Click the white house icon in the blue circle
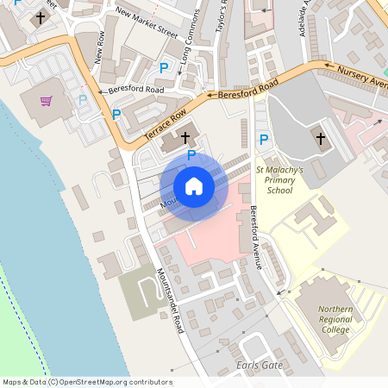(194, 185)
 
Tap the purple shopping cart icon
(46, 101)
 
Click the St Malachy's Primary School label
(280, 180)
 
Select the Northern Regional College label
(335, 320)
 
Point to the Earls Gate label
(259, 366)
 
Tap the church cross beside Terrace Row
(185, 137)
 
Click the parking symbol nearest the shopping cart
(83, 100)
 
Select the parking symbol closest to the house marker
(191, 154)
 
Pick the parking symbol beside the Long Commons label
(163, 67)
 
